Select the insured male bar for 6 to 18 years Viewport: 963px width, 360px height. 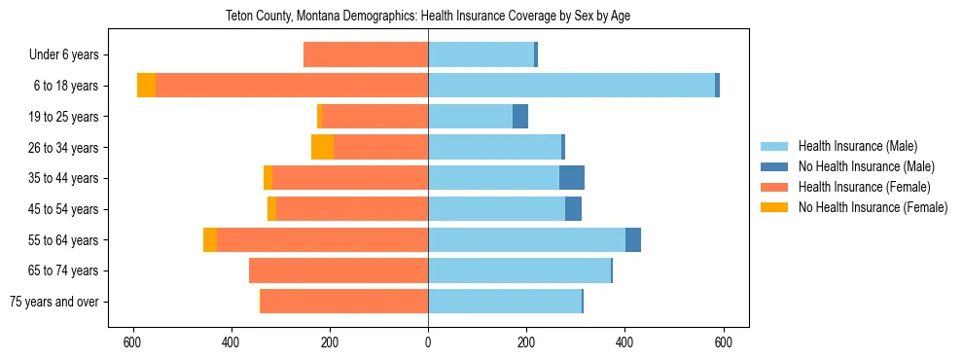tap(571, 86)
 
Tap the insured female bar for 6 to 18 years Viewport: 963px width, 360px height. tap(292, 86)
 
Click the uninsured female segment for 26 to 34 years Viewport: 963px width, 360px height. tap(322, 147)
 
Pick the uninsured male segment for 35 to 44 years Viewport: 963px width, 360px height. tap(572, 178)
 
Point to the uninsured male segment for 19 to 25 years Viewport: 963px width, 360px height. tap(520, 117)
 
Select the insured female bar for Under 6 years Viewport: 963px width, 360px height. tap(366, 54)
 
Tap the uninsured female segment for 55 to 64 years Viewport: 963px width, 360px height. tap(210, 239)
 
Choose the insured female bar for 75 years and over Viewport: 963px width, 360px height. tap(344, 302)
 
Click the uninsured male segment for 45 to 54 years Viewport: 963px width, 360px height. tap(574, 209)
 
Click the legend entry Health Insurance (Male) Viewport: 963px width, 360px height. tap(857, 146)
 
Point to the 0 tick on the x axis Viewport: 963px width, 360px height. tap(428, 342)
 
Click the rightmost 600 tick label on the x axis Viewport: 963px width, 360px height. tap(723, 342)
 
